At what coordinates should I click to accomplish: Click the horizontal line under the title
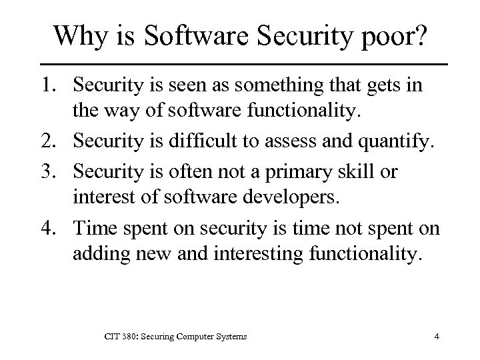click(x=240, y=63)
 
